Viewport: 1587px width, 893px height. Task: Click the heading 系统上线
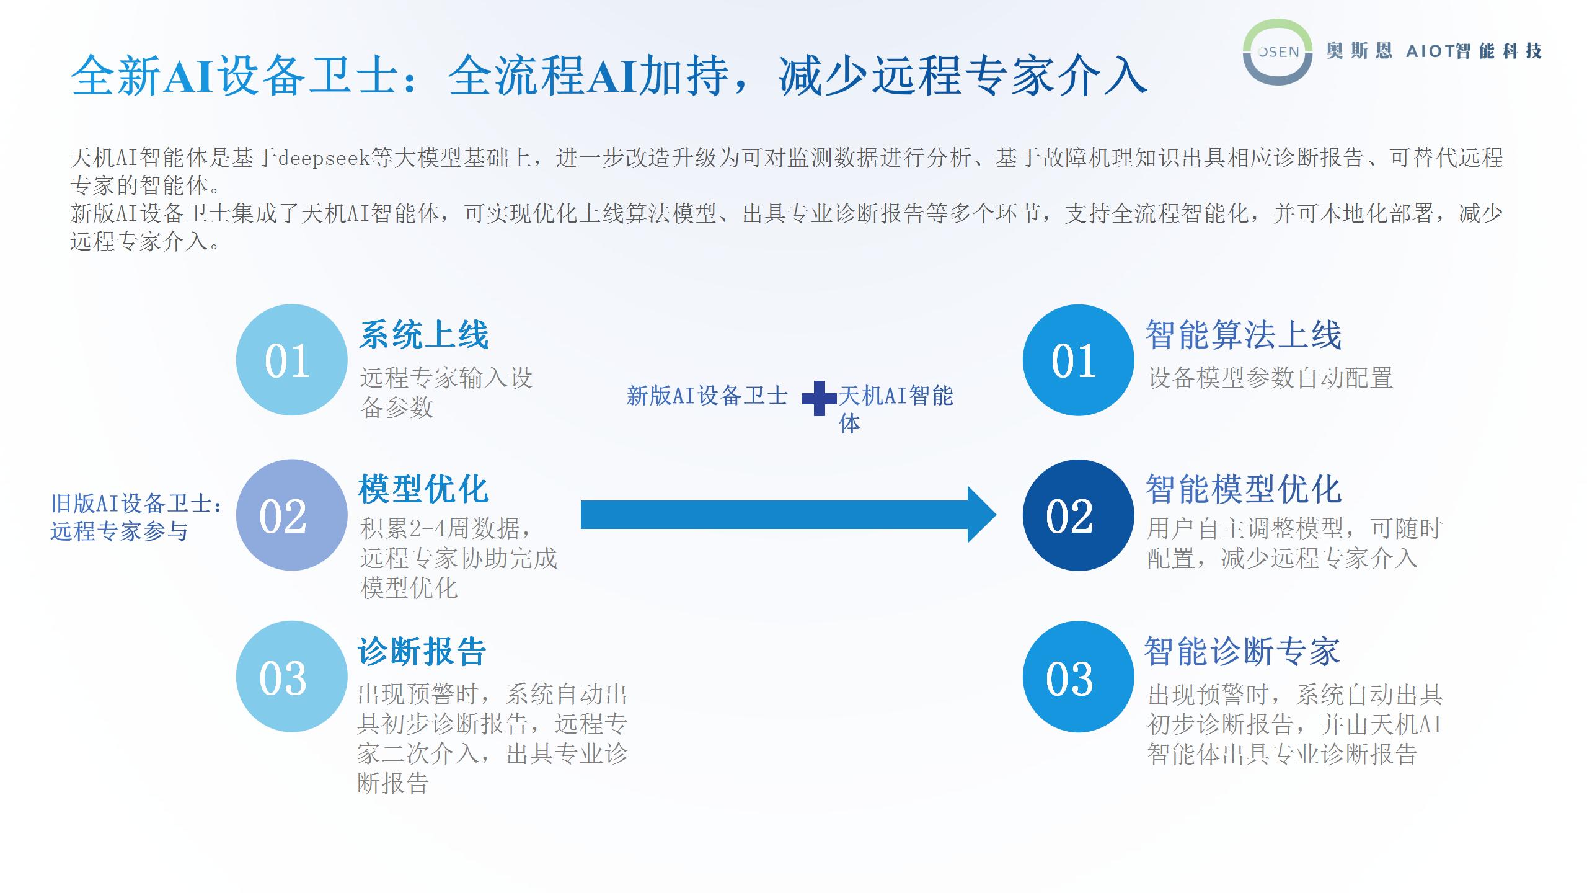pyautogui.click(x=424, y=335)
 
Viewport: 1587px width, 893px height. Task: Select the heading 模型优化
pyautogui.click(x=424, y=489)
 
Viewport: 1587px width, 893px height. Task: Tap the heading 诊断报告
pyautogui.click(x=422, y=651)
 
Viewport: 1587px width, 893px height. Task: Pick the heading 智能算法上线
pyautogui.click(x=1244, y=335)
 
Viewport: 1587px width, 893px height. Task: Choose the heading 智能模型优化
pyautogui.click(x=1244, y=489)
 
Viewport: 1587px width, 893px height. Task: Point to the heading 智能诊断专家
pyautogui.click(x=1242, y=651)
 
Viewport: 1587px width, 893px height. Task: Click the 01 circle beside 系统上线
pyautogui.click(x=291, y=360)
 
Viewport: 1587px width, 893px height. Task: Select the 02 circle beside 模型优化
pyautogui.click(x=291, y=515)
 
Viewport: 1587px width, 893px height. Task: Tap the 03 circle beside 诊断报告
pyautogui.click(x=291, y=677)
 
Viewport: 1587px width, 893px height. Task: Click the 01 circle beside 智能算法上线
pyautogui.click(x=1078, y=360)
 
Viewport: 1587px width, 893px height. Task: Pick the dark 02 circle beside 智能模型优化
pyautogui.click(x=1078, y=515)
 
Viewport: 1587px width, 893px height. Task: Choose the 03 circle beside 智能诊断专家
pyautogui.click(x=1078, y=677)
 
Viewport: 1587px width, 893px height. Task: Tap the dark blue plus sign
pyautogui.click(x=820, y=398)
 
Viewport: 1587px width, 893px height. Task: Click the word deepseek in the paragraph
pyautogui.click(x=324, y=158)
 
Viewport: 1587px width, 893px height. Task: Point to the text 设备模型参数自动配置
pyautogui.click(x=1270, y=378)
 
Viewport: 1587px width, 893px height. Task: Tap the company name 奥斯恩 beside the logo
pyautogui.click(x=1359, y=51)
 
